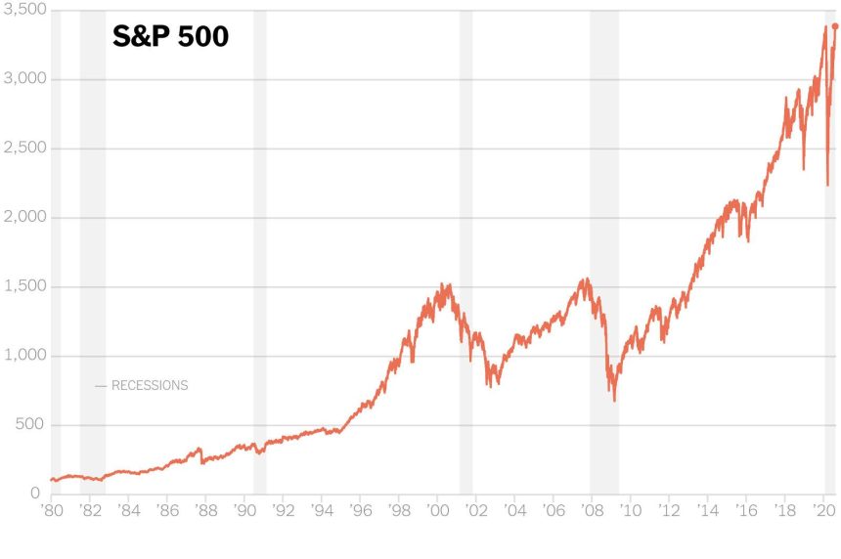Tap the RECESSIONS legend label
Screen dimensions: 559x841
pos(149,386)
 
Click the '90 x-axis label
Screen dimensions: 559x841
pos(243,510)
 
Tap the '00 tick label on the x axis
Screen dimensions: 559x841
pos(437,510)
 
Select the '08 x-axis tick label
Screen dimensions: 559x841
pos(592,510)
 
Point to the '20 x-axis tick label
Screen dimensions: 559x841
pos(823,510)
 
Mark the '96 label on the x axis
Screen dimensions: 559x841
pos(360,510)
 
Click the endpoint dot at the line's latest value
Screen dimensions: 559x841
pos(834,27)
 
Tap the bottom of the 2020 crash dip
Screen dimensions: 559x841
pos(827,185)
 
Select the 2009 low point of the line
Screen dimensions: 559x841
pos(614,400)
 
